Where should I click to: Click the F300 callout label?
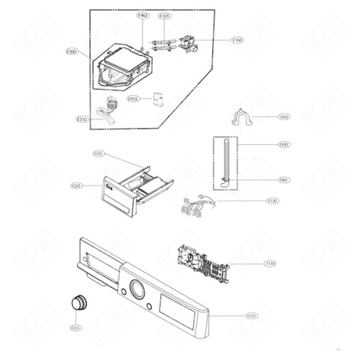[72, 51]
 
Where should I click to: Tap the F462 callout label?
[142, 15]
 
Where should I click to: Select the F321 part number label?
[165, 15]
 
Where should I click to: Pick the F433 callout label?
[133, 99]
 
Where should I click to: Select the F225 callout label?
[98, 154]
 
